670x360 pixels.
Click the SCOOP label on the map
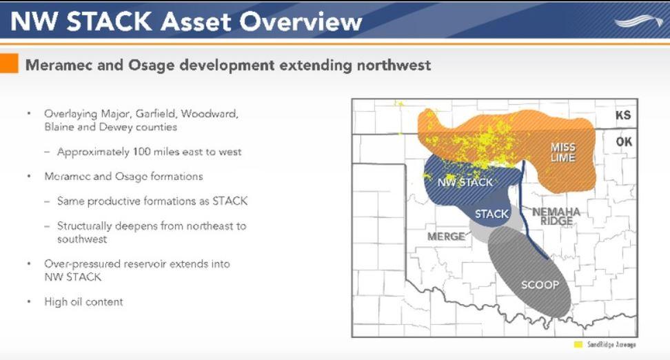click(540, 285)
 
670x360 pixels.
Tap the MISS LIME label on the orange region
click(562, 152)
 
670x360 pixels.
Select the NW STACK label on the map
click(465, 183)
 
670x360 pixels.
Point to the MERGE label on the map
click(446, 237)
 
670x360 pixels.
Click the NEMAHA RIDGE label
click(556, 217)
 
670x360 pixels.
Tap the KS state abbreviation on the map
click(623, 115)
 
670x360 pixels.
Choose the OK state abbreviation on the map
click(623, 142)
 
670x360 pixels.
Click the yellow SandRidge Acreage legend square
click(578, 344)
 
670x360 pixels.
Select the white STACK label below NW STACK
click(492, 214)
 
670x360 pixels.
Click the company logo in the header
click(639, 21)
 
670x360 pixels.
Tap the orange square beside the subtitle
click(9, 63)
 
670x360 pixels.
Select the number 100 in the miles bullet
click(141, 152)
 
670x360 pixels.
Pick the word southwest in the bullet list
click(82, 239)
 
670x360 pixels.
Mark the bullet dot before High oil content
click(29, 302)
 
